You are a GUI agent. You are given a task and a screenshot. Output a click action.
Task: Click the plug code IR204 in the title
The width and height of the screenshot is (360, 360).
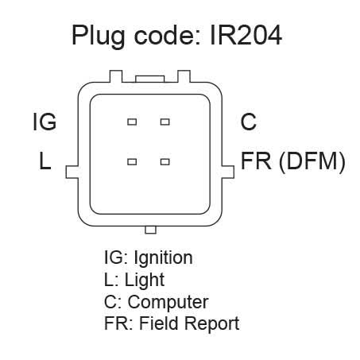coord(246,35)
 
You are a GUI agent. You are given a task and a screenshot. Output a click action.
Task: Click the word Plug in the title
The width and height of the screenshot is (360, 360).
coord(98,37)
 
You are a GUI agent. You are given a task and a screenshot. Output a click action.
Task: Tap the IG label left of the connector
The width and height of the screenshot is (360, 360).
coord(45,122)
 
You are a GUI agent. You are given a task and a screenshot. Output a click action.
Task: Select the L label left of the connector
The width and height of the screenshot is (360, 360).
coord(45,161)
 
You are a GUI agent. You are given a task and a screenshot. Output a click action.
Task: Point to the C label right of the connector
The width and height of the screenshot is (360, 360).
coord(249,122)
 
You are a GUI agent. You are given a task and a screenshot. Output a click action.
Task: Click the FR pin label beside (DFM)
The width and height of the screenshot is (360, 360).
coord(256,161)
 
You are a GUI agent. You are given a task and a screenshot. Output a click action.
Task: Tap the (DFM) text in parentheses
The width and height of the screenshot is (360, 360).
coord(312,161)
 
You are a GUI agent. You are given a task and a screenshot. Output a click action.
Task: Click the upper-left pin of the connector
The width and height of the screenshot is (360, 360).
coord(132,122)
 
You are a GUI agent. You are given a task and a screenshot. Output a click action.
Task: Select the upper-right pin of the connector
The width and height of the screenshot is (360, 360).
coord(165,122)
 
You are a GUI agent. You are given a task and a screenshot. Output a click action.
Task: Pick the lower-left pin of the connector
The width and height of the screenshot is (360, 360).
coord(132,161)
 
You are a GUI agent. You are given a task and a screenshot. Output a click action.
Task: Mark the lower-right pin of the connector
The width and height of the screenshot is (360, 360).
coord(165,161)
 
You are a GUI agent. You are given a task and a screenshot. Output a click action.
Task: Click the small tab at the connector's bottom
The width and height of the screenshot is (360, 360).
coord(150,230)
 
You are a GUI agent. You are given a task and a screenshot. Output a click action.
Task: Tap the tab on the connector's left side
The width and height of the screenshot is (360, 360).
coord(72,172)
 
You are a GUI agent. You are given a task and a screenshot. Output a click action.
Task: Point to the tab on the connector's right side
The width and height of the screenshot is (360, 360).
coord(228,172)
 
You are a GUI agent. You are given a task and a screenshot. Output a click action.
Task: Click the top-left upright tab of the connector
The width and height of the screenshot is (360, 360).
coord(116,76)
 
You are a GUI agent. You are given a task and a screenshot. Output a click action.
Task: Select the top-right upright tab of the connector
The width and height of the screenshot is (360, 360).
coord(184,76)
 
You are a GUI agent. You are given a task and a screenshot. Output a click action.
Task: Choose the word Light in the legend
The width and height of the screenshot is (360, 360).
coord(145,281)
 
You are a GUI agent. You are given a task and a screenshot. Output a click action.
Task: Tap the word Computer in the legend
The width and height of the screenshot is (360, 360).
coord(168,303)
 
